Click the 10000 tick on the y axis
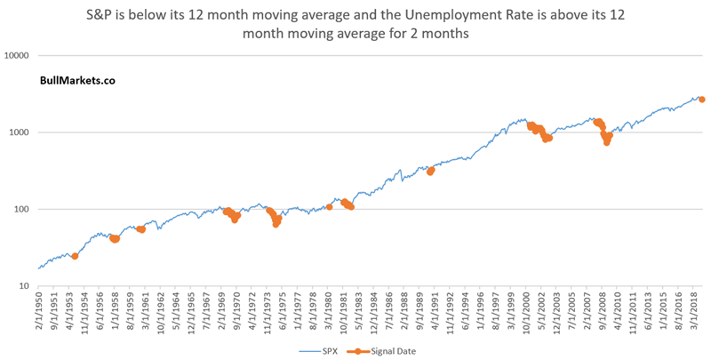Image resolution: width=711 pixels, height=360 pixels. [18, 55]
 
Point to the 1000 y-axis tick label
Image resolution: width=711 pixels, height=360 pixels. [20, 132]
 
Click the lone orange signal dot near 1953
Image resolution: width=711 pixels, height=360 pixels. [75, 256]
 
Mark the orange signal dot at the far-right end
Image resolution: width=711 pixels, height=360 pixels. [702, 100]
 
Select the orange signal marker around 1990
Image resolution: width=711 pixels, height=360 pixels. [431, 171]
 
